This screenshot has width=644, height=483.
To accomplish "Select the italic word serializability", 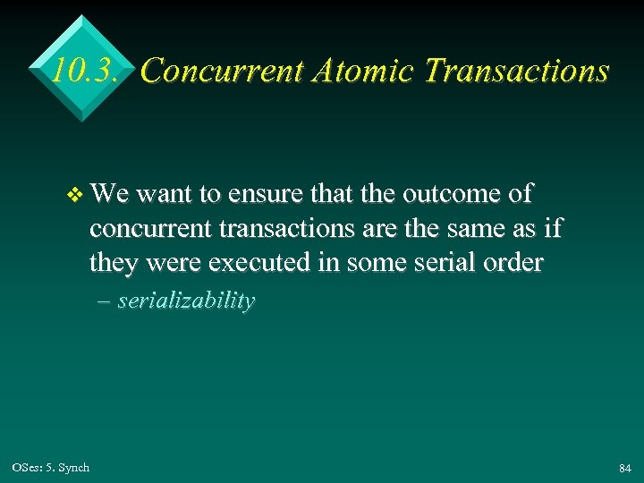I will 186,301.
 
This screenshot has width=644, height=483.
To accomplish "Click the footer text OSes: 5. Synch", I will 51,468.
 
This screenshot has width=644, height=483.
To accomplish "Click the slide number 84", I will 624,469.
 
